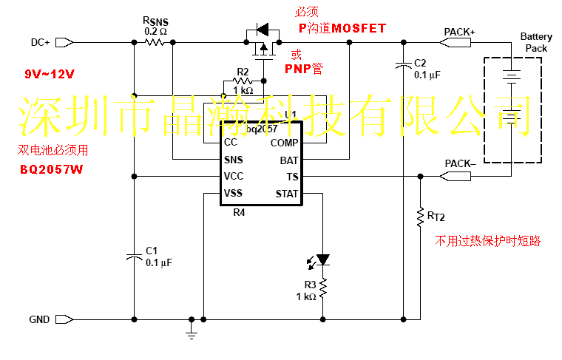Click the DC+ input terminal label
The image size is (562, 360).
pos(41,42)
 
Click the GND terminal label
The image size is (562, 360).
pos(40,319)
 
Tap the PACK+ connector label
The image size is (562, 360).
pos(460,32)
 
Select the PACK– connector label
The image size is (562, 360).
pos(460,163)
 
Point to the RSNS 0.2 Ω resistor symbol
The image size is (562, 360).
pos(154,42)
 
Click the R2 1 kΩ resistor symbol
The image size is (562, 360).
pos(243,81)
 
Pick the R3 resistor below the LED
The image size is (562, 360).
pos(322,285)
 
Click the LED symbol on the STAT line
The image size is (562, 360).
pos(322,260)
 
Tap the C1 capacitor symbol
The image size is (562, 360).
pos(134,257)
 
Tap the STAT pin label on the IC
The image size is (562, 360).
pos(286,194)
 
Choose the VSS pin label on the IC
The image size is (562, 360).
pos(233,194)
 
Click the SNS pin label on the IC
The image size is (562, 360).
pos(233,160)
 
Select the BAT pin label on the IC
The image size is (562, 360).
pos(289,160)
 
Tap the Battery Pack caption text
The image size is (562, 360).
pos(536,42)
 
